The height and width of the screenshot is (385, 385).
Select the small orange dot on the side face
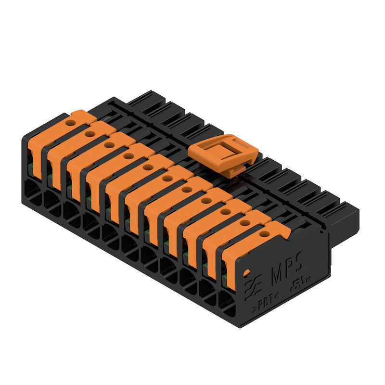247,273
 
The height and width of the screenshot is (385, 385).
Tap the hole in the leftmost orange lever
70,123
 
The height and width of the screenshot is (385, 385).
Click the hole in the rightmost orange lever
264,234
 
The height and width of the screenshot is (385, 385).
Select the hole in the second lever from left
90,134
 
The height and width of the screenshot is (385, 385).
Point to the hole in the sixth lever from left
167,179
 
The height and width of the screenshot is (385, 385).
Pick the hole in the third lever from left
109,145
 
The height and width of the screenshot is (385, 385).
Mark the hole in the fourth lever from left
128,156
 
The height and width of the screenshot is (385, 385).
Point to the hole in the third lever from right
225,212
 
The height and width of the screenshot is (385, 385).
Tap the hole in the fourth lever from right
206,201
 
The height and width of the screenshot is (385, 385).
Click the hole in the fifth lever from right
187,190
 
